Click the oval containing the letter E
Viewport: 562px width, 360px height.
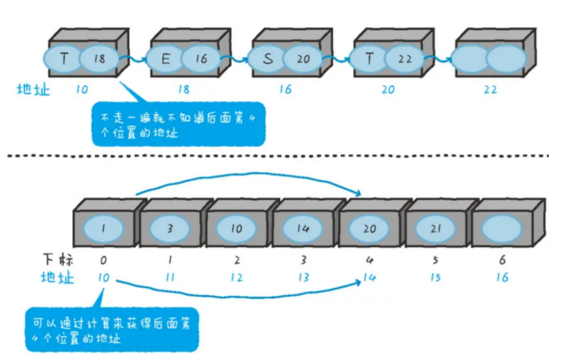click(165, 59)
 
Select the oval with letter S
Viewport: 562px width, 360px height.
click(266, 59)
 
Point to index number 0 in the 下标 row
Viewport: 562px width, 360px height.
click(104, 260)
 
